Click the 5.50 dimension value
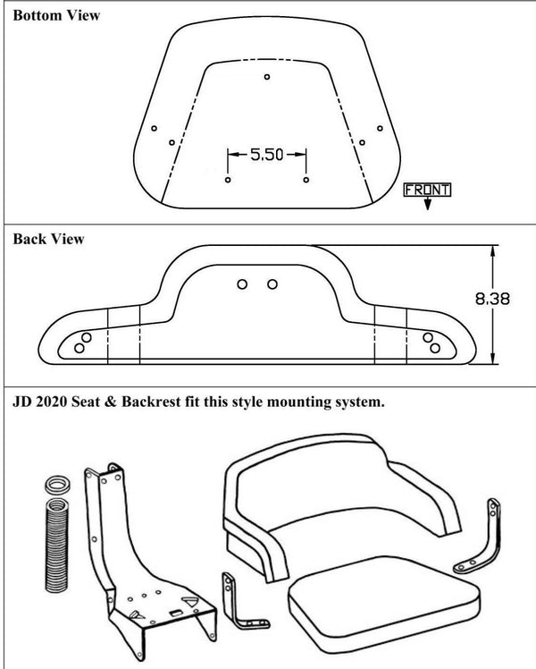(x=266, y=155)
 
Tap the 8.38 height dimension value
(x=493, y=301)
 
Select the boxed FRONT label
(x=428, y=189)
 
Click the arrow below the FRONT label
(x=428, y=203)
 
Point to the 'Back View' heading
(x=49, y=239)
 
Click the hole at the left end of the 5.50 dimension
(x=228, y=180)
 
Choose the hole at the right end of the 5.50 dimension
(x=306, y=180)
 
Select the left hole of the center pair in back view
(x=242, y=284)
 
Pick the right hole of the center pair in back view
(x=272, y=284)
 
